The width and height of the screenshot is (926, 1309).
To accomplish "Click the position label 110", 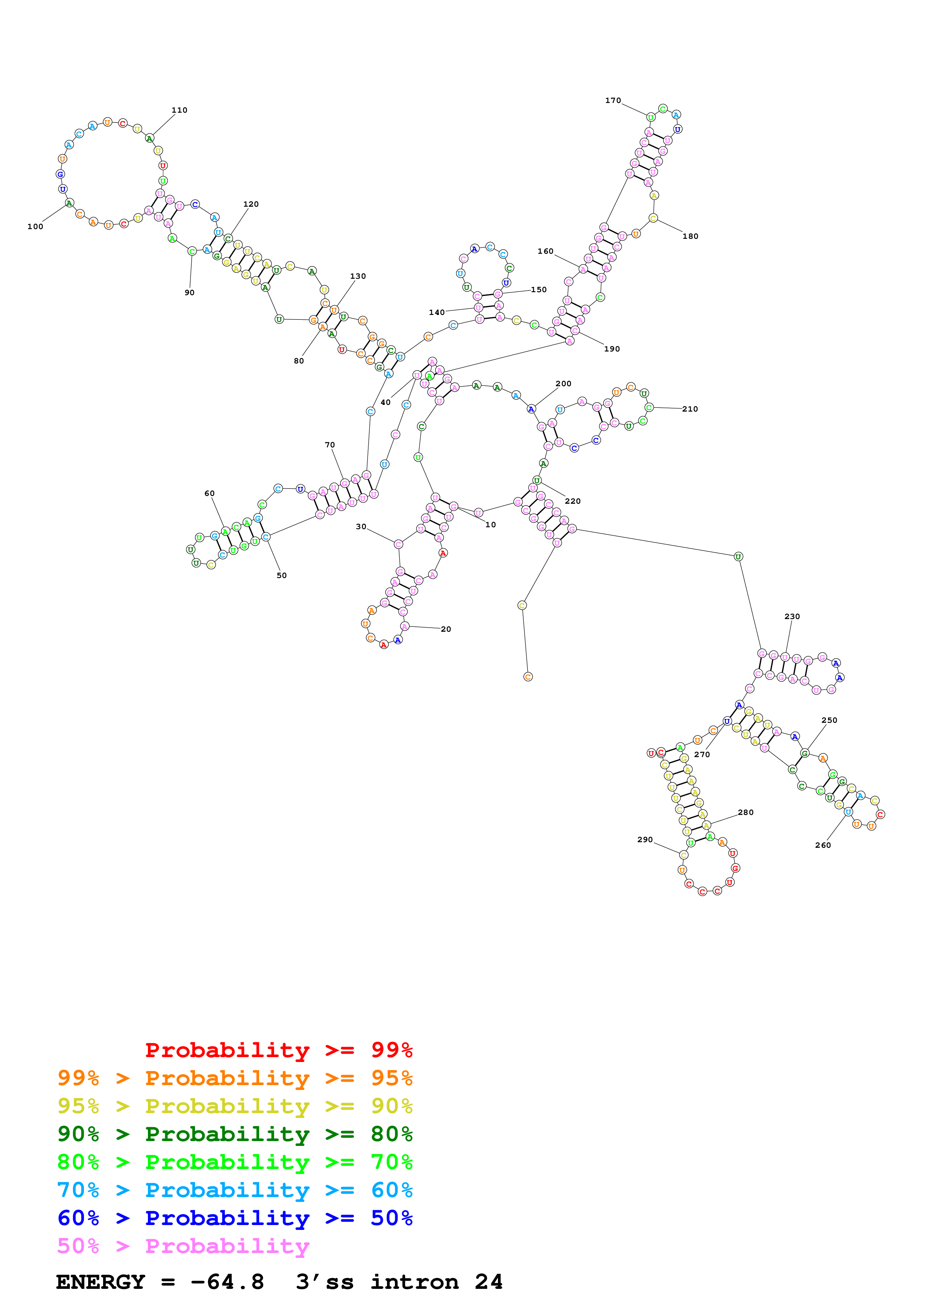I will point(179,110).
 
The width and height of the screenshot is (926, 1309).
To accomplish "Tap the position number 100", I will point(35,227).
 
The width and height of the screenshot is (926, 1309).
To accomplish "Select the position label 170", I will point(613,100).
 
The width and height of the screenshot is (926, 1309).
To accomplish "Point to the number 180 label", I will point(690,236).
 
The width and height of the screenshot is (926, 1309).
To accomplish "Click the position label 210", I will point(690,409).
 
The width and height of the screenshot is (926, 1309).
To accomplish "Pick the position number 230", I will point(792,616).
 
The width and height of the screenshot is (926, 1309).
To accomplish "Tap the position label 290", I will point(645,839).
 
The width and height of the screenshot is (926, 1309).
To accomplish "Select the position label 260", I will point(823,845).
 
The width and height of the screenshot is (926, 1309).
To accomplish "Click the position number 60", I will point(210,493).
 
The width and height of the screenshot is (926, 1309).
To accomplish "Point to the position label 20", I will point(446,629).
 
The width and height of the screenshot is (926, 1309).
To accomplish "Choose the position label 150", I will point(539,289).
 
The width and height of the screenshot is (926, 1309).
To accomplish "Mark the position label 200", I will point(563,384).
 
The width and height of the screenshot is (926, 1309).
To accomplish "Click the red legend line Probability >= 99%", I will point(278,1050).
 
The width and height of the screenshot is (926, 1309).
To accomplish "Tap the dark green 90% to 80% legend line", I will point(235,1134).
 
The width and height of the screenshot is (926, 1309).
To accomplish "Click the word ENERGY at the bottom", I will point(100,1282).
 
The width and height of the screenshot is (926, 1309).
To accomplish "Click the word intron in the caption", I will point(414,1282).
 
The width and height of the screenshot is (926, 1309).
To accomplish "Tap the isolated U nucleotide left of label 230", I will point(738,556).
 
